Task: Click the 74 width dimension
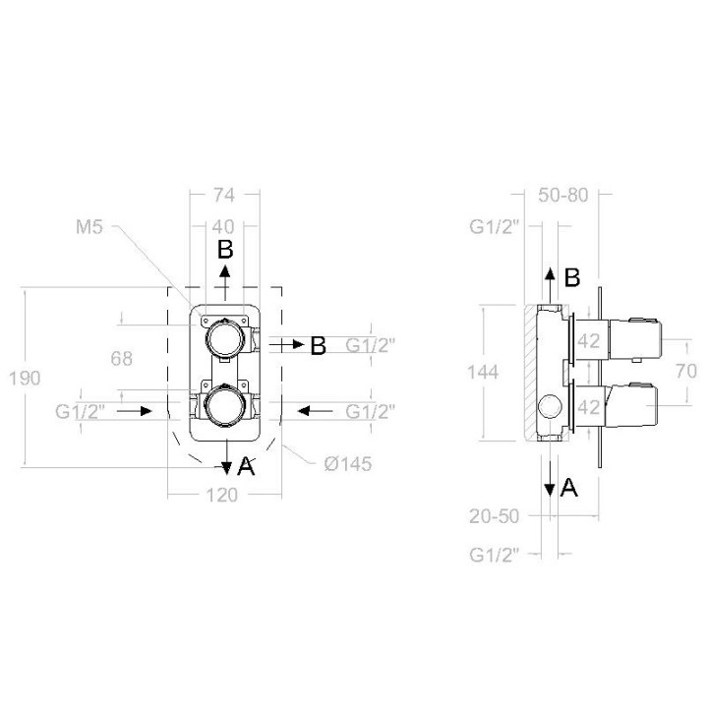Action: point(224,195)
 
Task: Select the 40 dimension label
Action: point(223,227)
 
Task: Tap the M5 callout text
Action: point(89,227)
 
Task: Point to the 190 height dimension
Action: point(25,378)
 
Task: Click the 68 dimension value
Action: point(122,359)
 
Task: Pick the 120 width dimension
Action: point(222,496)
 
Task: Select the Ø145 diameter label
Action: point(348,464)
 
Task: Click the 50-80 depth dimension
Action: point(563,195)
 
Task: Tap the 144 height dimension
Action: point(483,373)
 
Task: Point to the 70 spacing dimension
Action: point(686,371)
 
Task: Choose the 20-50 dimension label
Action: point(495,516)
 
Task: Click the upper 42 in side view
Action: point(589,341)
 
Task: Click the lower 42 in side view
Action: point(589,408)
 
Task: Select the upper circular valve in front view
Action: point(225,338)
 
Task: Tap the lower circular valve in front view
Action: point(225,405)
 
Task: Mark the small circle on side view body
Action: point(551,406)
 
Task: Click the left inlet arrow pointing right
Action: point(135,411)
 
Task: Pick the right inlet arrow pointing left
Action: point(316,411)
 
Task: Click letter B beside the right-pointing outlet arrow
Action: point(319,346)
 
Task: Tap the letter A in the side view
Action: point(568,488)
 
